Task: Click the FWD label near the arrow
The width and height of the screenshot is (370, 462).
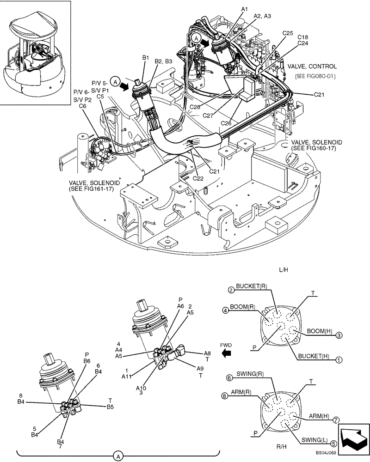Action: click(x=226, y=345)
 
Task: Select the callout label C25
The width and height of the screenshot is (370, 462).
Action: click(x=288, y=33)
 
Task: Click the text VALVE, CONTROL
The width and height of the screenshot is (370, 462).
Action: click(x=312, y=67)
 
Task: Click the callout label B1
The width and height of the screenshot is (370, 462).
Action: click(x=145, y=58)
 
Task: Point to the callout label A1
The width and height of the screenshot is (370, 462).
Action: click(x=245, y=9)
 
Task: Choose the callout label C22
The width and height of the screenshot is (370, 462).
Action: click(x=198, y=178)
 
